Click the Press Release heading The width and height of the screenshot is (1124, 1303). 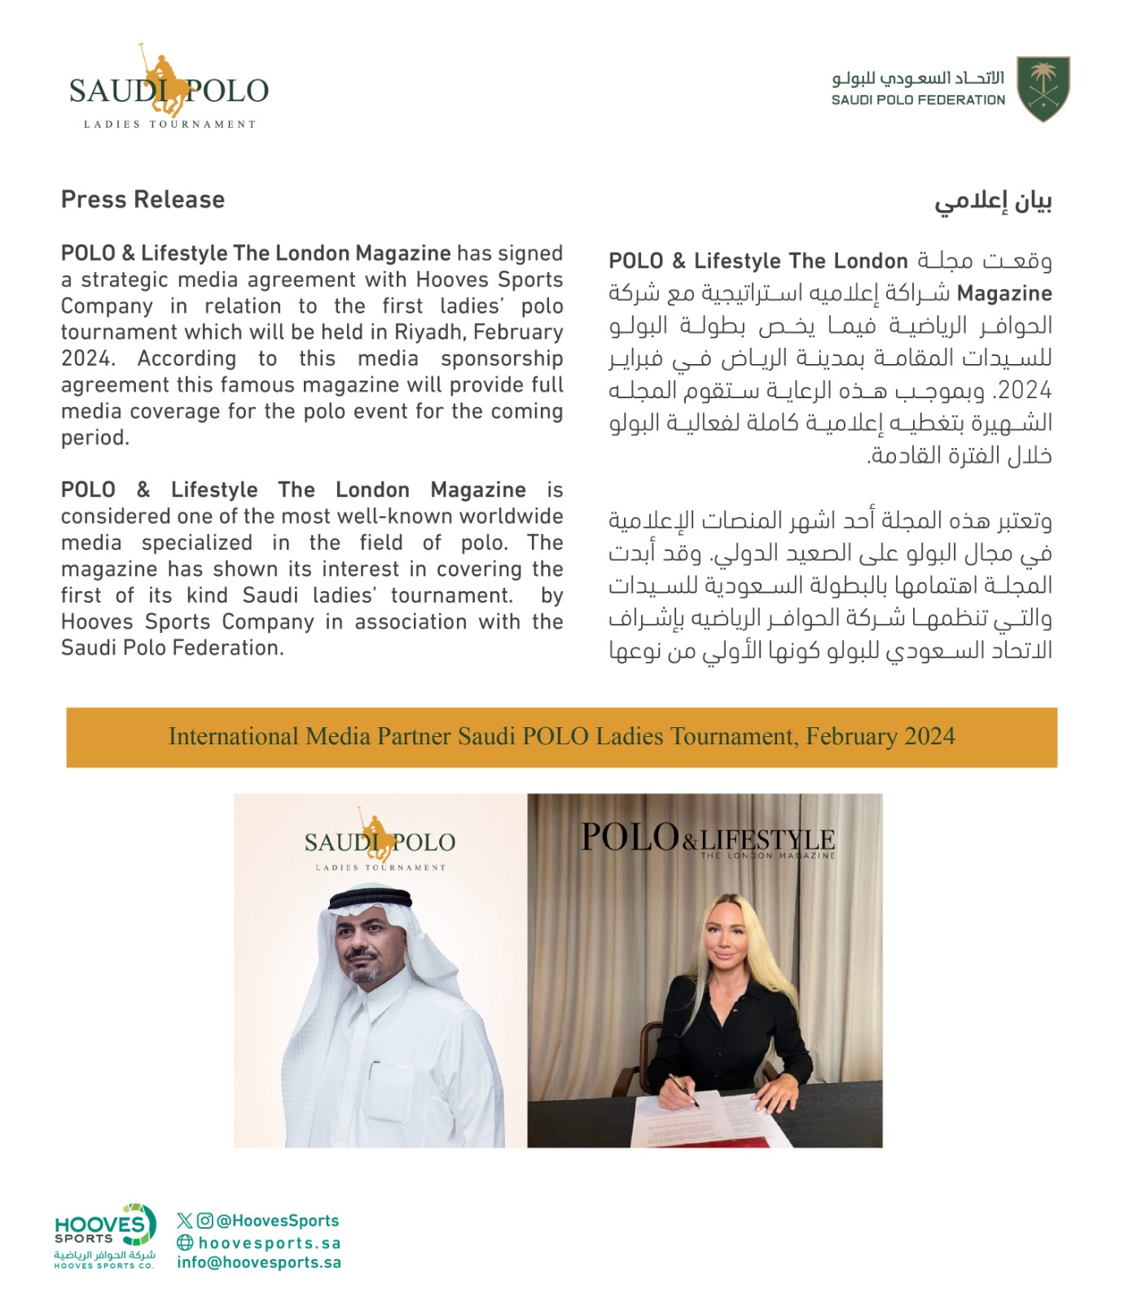click(143, 200)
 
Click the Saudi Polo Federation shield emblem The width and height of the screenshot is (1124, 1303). click(1043, 89)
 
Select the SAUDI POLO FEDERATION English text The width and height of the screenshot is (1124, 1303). click(918, 100)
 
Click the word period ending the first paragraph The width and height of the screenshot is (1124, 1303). click(94, 438)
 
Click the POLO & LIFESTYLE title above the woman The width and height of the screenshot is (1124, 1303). click(707, 839)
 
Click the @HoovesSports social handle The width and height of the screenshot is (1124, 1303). click(277, 1220)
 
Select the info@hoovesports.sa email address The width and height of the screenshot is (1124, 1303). click(259, 1262)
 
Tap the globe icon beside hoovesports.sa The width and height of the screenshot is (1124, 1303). click(185, 1242)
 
